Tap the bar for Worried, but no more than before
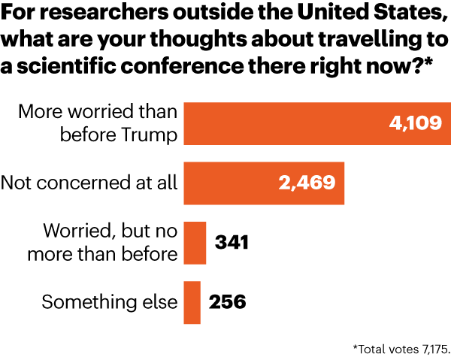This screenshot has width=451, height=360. pyautogui.click(x=195, y=243)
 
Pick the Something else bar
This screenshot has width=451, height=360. pyautogui.click(x=192, y=302)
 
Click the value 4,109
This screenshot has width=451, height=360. pyautogui.click(x=414, y=123)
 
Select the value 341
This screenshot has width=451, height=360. pyautogui.click(x=232, y=243)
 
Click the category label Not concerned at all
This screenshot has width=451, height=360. pyautogui.click(x=89, y=183)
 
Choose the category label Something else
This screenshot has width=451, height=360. pyautogui.click(x=109, y=302)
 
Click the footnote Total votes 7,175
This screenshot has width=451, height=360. pyautogui.click(x=401, y=349)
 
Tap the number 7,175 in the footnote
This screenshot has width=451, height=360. pyautogui.click(x=432, y=349)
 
